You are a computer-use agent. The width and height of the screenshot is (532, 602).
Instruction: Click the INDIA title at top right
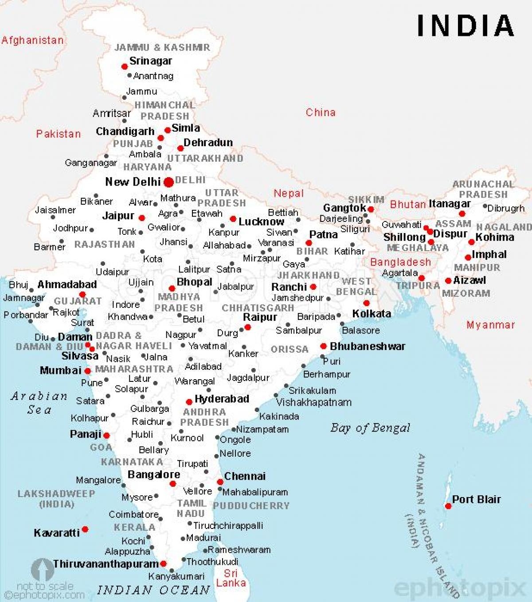point(465,25)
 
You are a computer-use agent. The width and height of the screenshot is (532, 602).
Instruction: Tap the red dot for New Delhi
point(168,182)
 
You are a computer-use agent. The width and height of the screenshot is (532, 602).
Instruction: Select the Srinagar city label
point(150,61)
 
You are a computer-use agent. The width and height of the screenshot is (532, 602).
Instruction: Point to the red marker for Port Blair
point(448,506)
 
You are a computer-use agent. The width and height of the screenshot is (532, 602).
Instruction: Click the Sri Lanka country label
point(231,578)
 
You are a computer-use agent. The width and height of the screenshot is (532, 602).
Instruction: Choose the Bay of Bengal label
point(370,428)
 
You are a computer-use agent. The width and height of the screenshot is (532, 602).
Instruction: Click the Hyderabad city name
point(222,399)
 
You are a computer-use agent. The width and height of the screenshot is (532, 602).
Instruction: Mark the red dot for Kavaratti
point(85,529)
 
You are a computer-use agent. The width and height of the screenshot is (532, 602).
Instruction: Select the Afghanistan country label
point(32,40)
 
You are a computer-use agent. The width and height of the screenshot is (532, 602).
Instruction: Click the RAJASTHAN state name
point(105,244)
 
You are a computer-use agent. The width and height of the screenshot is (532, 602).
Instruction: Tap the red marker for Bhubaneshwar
point(324,346)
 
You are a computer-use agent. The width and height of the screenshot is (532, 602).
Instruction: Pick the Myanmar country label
point(490,325)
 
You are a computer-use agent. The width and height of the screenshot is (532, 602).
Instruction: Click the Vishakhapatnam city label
point(314,402)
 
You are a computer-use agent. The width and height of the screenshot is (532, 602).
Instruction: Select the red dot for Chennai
point(220,482)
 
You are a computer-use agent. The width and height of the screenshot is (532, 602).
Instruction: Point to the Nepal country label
point(289,193)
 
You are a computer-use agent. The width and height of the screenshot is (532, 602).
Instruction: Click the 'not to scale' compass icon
point(43,570)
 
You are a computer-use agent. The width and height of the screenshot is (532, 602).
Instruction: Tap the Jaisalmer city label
point(55,210)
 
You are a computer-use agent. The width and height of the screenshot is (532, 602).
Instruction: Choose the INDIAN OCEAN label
point(153,590)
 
